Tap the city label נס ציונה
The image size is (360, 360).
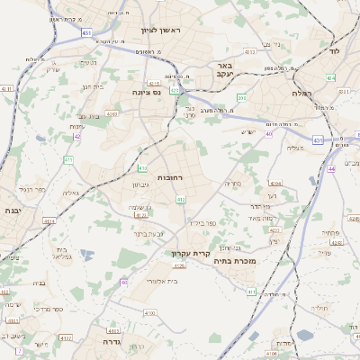point(146,92)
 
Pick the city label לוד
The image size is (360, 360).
point(335,52)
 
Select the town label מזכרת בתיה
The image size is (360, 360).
point(238,261)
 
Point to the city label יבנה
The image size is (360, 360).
point(13,210)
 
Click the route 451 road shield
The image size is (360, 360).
point(85,33)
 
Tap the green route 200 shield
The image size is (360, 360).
point(241,96)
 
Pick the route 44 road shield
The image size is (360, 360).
point(331,167)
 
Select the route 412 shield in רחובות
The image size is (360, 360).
point(180,199)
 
